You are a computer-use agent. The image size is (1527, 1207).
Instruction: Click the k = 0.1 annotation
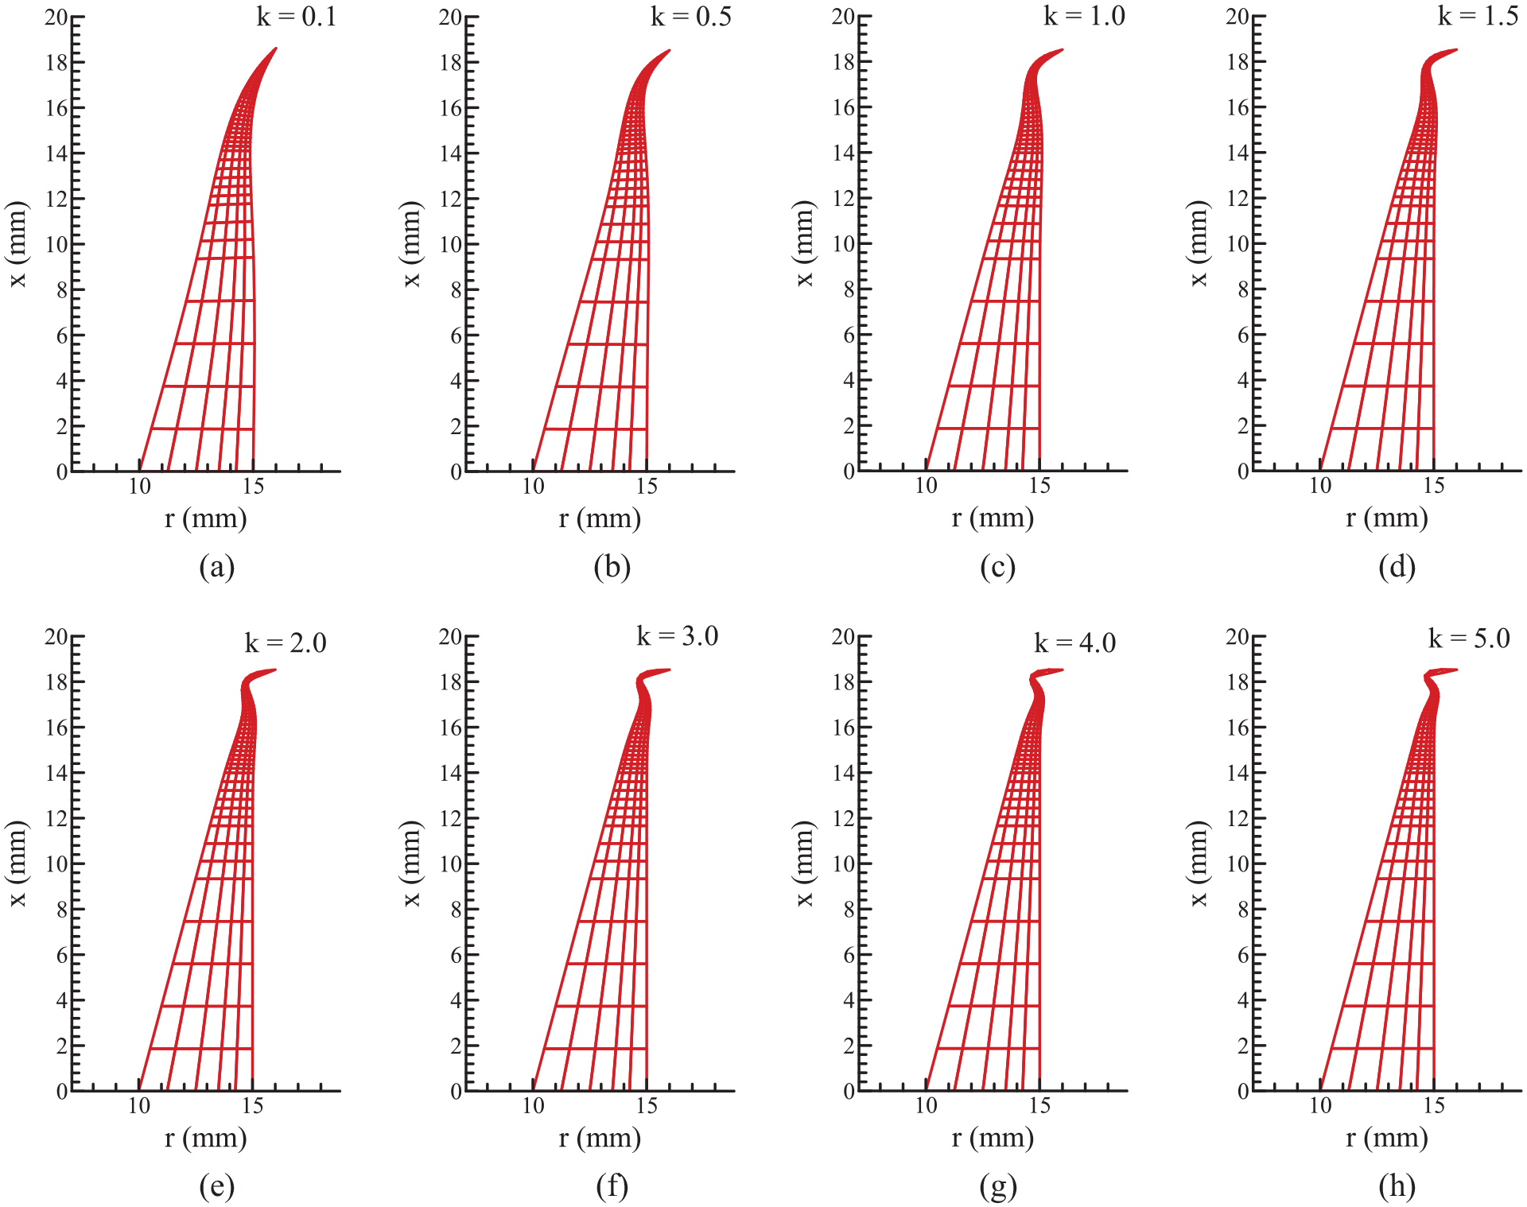pyautogui.click(x=297, y=17)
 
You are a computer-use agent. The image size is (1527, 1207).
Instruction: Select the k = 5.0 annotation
pyautogui.click(x=1469, y=638)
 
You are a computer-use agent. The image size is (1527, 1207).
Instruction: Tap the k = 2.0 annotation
pyautogui.click(x=286, y=642)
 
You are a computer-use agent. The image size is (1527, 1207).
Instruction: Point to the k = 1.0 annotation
pyautogui.click(x=1085, y=16)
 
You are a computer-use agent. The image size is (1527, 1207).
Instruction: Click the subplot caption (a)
pyautogui.click(x=217, y=567)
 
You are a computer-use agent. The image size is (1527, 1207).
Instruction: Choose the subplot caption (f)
pyautogui.click(x=612, y=1186)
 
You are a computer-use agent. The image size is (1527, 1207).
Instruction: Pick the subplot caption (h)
pyautogui.click(x=1397, y=1186)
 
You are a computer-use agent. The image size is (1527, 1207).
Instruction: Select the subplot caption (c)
pyautogui.click(x=998, y=567)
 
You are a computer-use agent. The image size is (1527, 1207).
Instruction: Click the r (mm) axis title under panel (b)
pyautogui.click(x=600, y=518)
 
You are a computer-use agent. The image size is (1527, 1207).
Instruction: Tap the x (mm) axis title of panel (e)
pyautogui.click(x=17, y=864)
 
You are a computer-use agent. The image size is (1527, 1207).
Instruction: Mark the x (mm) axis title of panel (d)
pyautogui.click(x=1199, y=243)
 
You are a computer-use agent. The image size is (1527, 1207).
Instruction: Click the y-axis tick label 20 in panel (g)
pyautogui.click(x=843, y=636)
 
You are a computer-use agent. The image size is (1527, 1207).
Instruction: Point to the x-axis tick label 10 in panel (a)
pyautogui.click(x=140, y=486)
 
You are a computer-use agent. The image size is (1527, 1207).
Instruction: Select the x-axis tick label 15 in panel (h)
pyautogui.click(x=1434, y=1105)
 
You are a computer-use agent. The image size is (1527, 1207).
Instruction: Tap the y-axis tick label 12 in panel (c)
pyautogui.click(x=843, y=199)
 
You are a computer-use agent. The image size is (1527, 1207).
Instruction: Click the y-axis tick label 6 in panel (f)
pyautogui.click(x=457, y=955)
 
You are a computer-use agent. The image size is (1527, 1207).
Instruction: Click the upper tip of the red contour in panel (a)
pyautogui.click(x=276, y=49)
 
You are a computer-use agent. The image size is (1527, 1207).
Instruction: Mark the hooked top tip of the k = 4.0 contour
pyautogui.click(x=1063, y=670)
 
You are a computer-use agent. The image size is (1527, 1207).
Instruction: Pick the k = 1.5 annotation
pyautogui.click(x=1478, y=16)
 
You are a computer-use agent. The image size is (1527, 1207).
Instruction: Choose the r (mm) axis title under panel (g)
pyautogui.click(x=993, y=1138)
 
